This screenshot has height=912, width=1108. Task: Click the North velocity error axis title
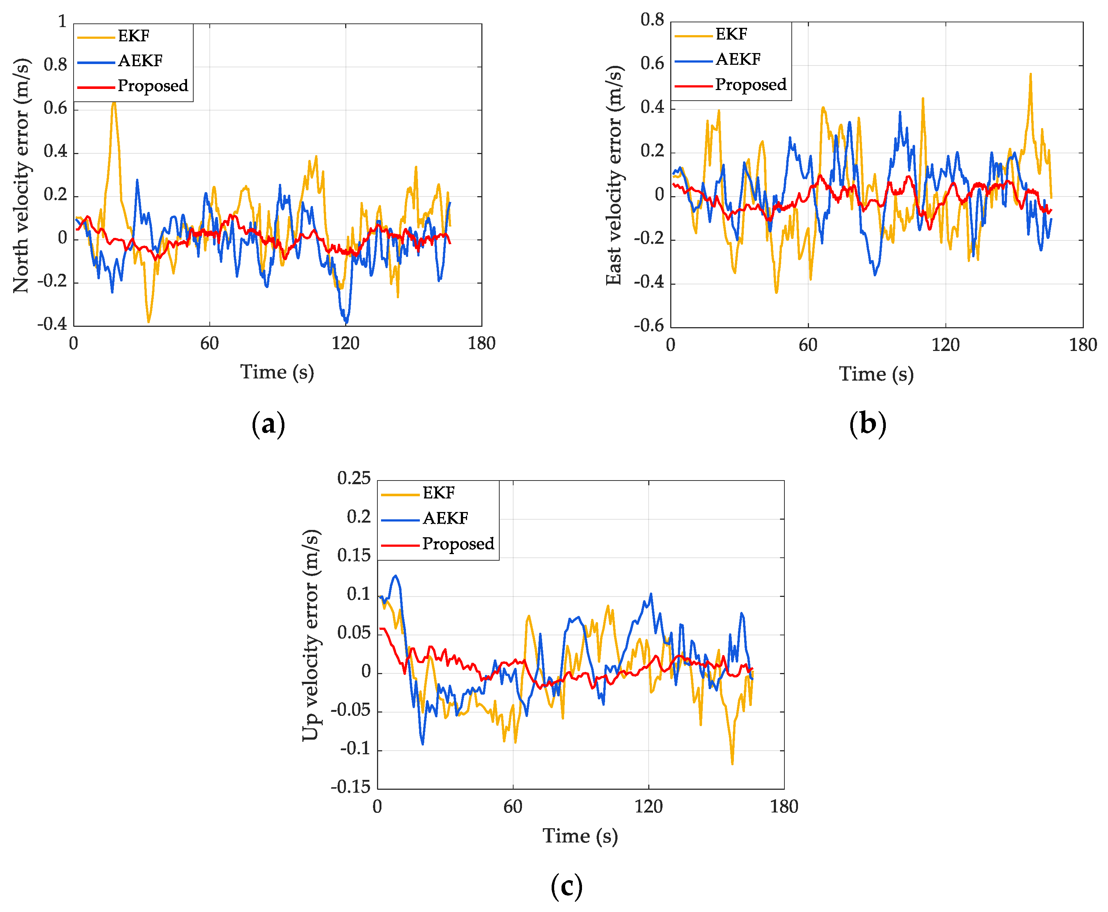[21, 175]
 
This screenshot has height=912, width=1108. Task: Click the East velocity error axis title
[613, 175]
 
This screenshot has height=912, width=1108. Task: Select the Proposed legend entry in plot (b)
[750, 85]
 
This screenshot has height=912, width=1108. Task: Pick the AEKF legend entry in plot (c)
[445, 518]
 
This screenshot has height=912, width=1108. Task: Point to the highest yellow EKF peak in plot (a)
[113, 102]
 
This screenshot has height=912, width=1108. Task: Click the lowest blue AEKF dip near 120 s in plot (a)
[346, 322]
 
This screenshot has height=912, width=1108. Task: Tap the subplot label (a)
[268, 423]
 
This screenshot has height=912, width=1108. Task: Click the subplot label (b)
[868, 423]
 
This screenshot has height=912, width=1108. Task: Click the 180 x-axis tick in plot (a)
[481, 344]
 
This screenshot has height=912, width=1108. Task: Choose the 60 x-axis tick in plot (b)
[807, 345]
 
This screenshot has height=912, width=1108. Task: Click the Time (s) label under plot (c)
[580, 835]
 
